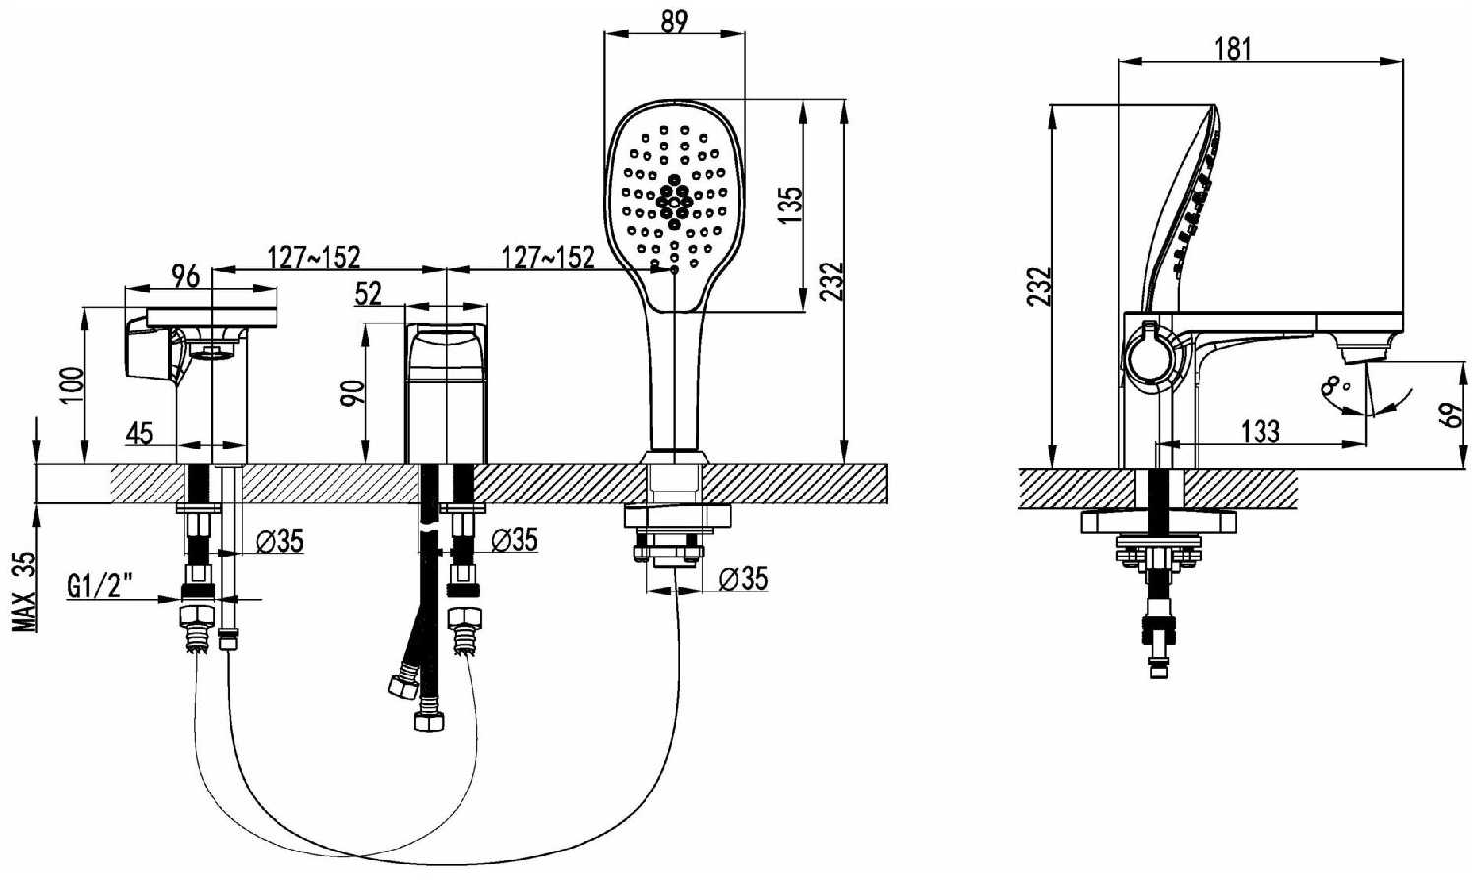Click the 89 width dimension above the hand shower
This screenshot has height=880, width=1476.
point(674,23)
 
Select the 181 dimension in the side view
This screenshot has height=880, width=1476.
point(1232,49)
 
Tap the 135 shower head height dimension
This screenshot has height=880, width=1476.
point(791,205)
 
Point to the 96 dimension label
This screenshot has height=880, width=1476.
point(185,276)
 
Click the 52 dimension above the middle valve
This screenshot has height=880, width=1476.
point(368,294)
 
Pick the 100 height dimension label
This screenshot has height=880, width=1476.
point(72,384)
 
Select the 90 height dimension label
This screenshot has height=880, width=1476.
point(353,394)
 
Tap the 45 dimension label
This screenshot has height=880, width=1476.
point(139,433)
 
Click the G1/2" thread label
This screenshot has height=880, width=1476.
point(99,585)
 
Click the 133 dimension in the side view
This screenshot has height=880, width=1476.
point(1261,432)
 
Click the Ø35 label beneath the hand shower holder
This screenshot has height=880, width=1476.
point(743,579)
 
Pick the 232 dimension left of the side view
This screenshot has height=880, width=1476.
point(1039,286)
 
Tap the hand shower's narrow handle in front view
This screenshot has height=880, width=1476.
point(675,381)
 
